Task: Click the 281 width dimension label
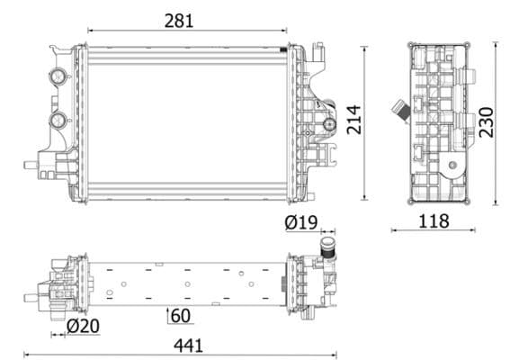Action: [x=179, y=21]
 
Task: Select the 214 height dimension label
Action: [x=353, y=120]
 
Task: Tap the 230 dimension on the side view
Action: [x=487, y=122]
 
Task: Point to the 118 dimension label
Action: [x=434, y=221]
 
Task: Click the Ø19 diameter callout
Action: [x=300, y=222]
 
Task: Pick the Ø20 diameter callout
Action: [x=84, y=326]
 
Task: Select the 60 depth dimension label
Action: [x=181, y=316]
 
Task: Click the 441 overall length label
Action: [x=188, y=346]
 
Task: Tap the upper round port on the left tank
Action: [x=58, y=76]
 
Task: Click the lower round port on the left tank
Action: [x=58, y=120]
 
